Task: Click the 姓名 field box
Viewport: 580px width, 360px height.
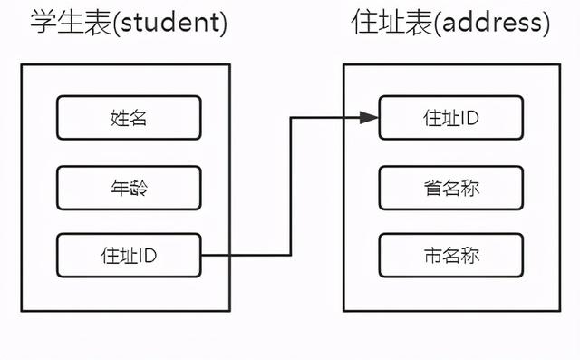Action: click(x=128, y=118)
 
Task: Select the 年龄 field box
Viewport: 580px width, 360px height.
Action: click(x=128, y=188)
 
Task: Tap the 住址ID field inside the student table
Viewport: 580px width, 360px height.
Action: click(x=128, y=256)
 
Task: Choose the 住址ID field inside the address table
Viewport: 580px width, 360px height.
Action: click(x=450, y=118)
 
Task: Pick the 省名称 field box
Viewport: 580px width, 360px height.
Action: click(x=450, y=188)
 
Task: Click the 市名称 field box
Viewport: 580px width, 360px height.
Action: click(x=450, y=256)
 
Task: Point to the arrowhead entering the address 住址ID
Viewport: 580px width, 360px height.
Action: click(x=369, y=117)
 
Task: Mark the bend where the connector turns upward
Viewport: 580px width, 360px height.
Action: click(x=290, y=256)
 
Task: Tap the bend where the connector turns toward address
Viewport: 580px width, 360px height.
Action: click(x=290, y=117)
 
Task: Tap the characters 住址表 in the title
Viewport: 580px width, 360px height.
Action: click(x=381, y=24)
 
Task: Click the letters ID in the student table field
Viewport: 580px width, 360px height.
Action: click(x=149, y=256)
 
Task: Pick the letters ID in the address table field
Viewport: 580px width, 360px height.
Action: click(x=469, y=118)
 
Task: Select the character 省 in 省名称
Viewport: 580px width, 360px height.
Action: click(x=431, y=188)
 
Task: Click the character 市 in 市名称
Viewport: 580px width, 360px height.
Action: click(x=431, y=256)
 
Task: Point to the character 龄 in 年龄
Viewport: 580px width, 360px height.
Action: click(x=138, y=188)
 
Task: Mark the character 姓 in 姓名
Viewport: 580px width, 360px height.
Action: click(x=118, y=118)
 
